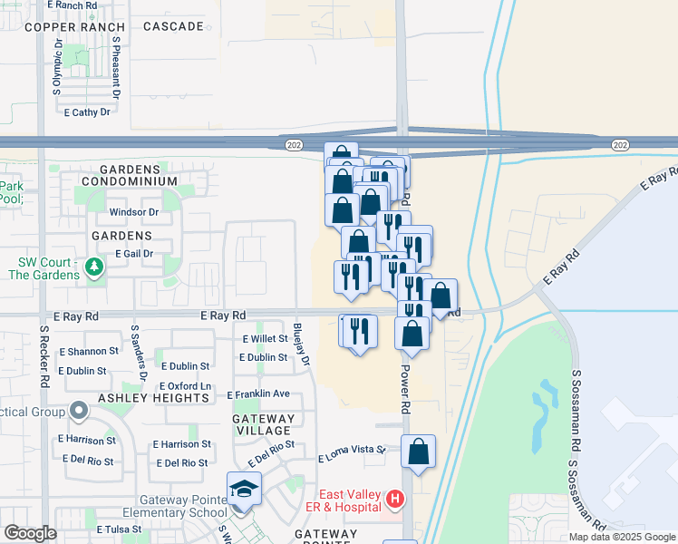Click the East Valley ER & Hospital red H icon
[x=394, y=499]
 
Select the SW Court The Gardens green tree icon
[x=92, y=267]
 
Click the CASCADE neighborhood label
[x=173, y=27]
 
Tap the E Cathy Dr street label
[x=87, y=112]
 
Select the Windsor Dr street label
[x=133, y=212]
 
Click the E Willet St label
[x=265, y=339]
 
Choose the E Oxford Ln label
[x=186, y=386]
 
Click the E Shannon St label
[x=89, y=351]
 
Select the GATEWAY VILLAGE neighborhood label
[x=264, y=425]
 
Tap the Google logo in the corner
[x=30, y=533]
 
